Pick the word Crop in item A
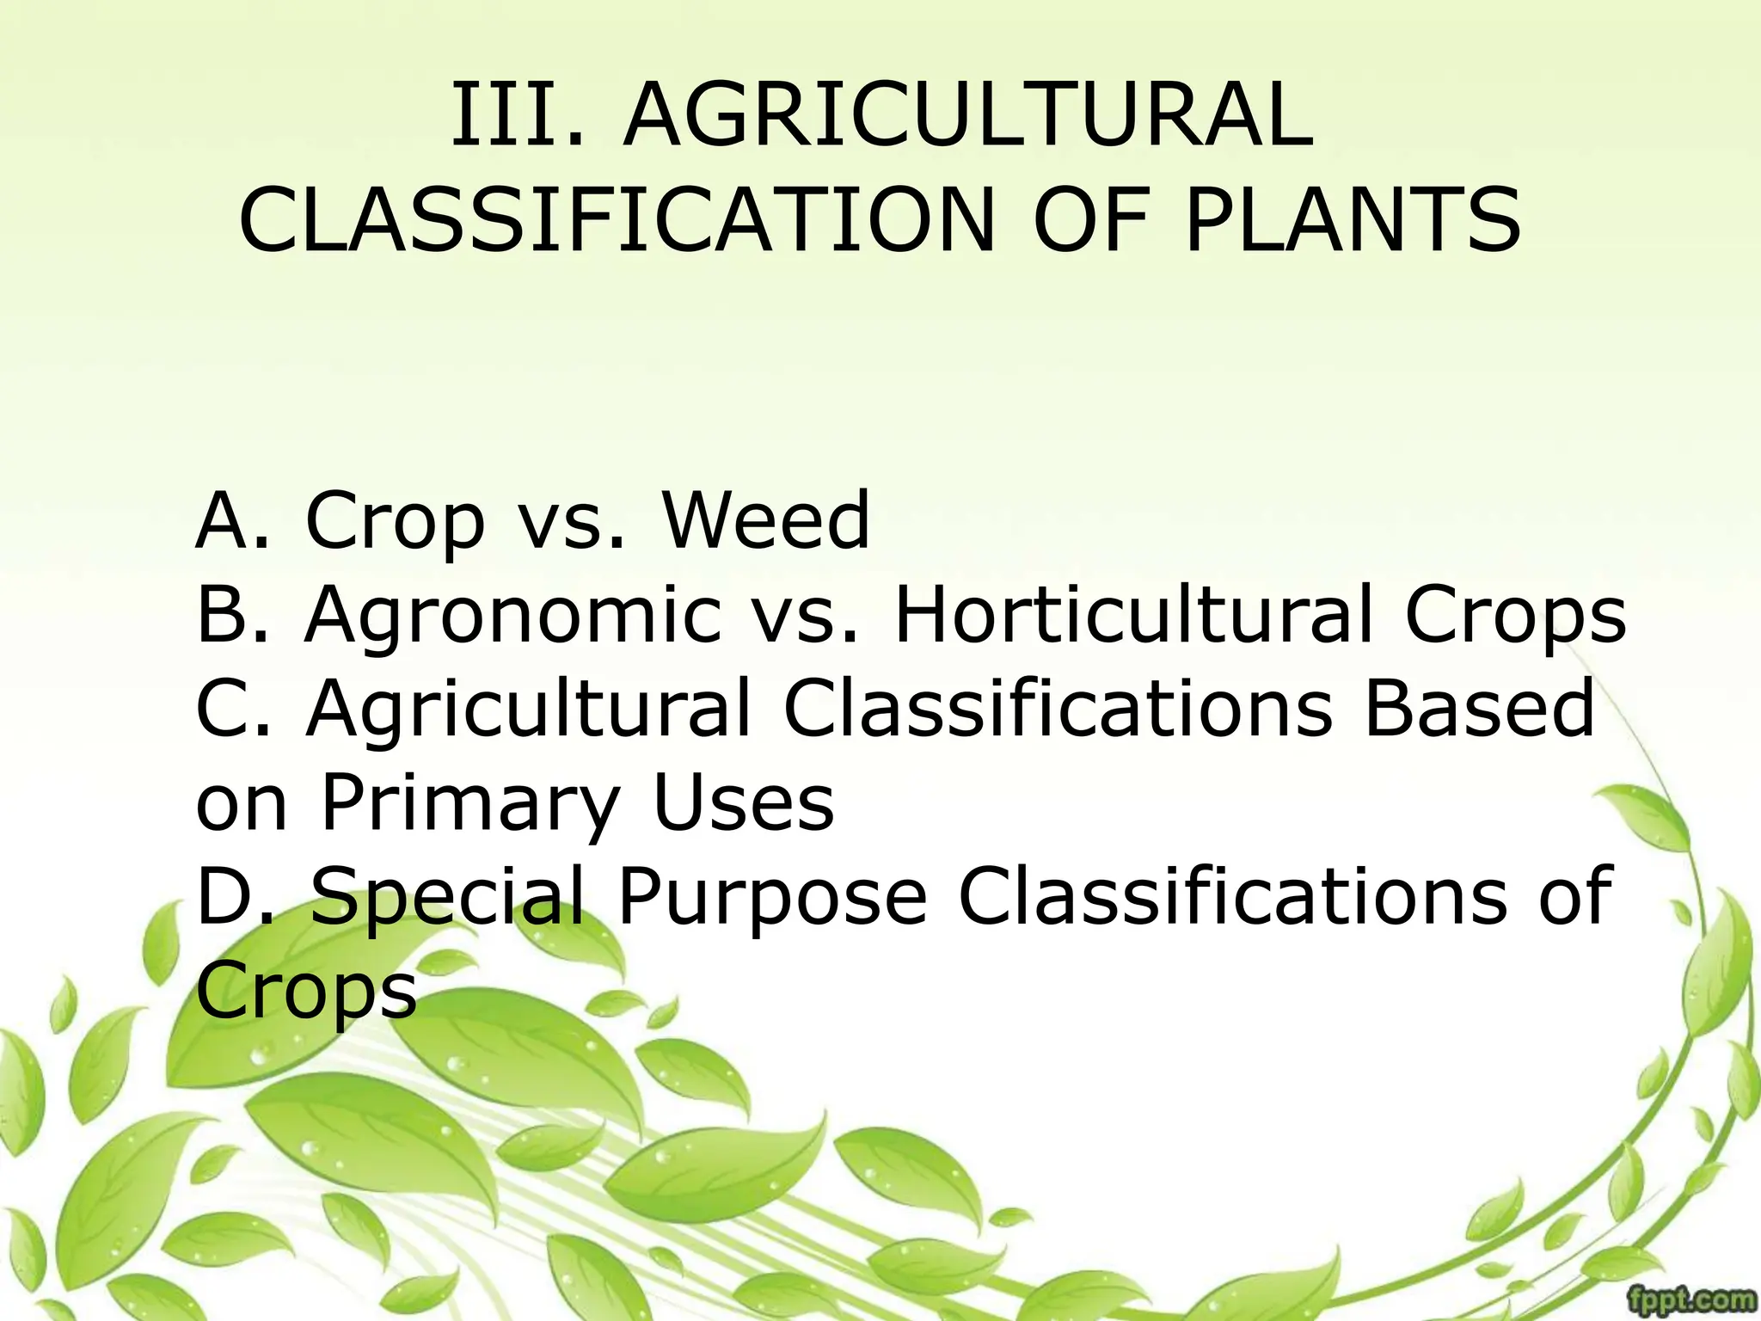tap(396, 523)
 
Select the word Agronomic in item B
tap(513, 617)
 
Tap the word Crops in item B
tap(1515, 617)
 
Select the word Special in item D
tap(446, 900)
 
